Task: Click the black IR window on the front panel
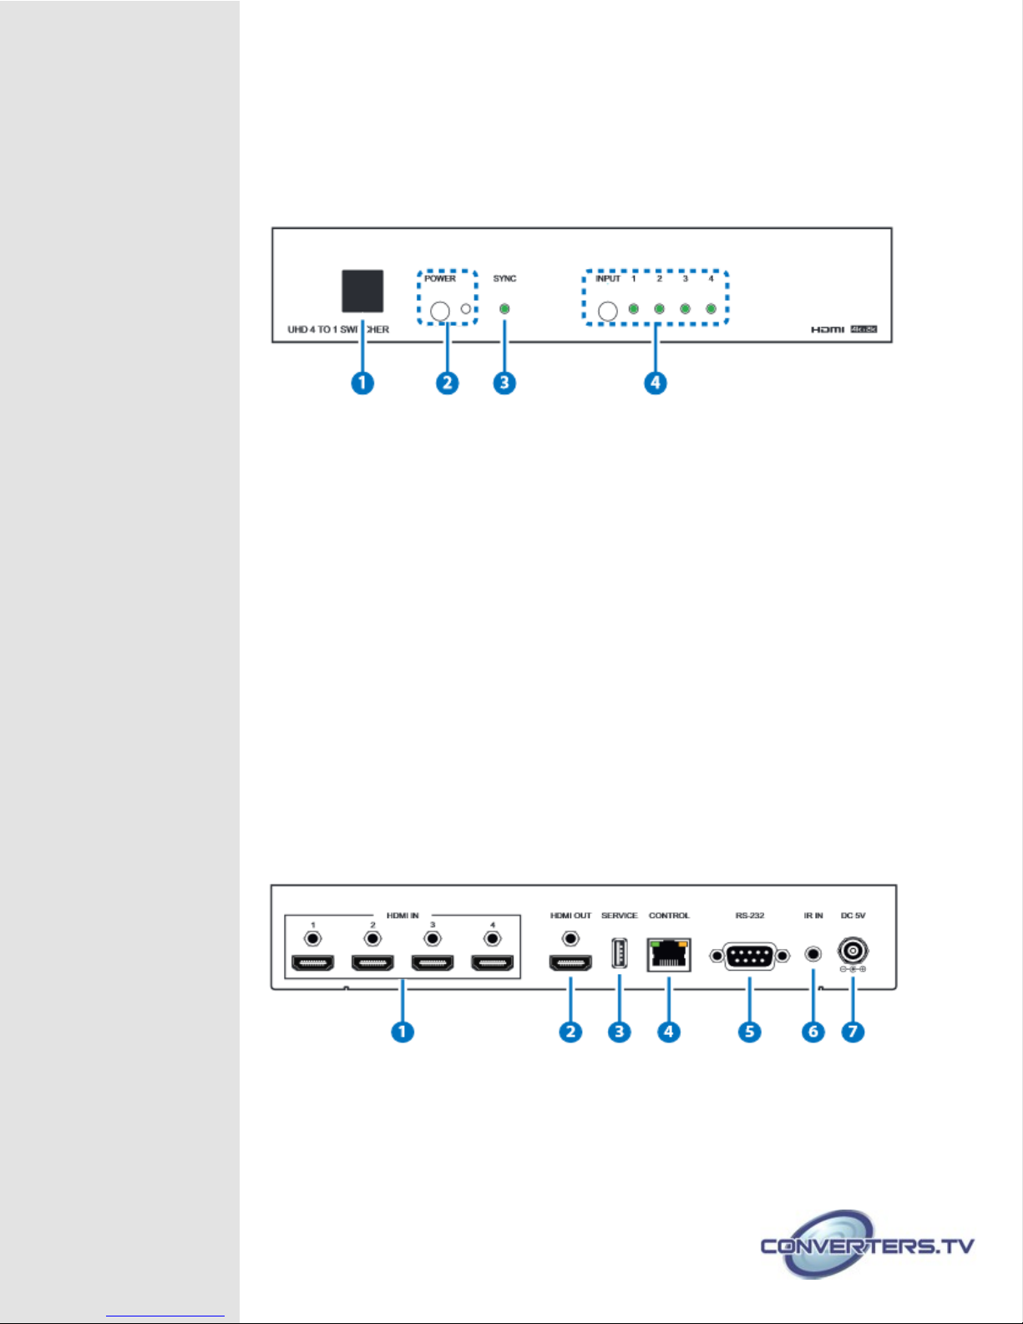click(362, 291)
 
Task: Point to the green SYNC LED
click(504, 309)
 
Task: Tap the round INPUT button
click(608, 312)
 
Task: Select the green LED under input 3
click(685, 309)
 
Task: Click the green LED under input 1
click(634, 309)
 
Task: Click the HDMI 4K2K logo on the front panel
click(843, 329)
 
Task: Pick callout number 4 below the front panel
click(656, 383)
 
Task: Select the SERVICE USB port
click(619, 954)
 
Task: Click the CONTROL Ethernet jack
click(669, 955)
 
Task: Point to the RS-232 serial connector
click(750, 956)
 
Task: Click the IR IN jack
click(813, 953)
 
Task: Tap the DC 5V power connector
click(853, 951)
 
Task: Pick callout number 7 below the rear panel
click(853, 1032)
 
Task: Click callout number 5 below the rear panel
click(750, 1032)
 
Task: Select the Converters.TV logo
click(867, 1245)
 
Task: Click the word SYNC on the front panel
click(504, 278)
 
